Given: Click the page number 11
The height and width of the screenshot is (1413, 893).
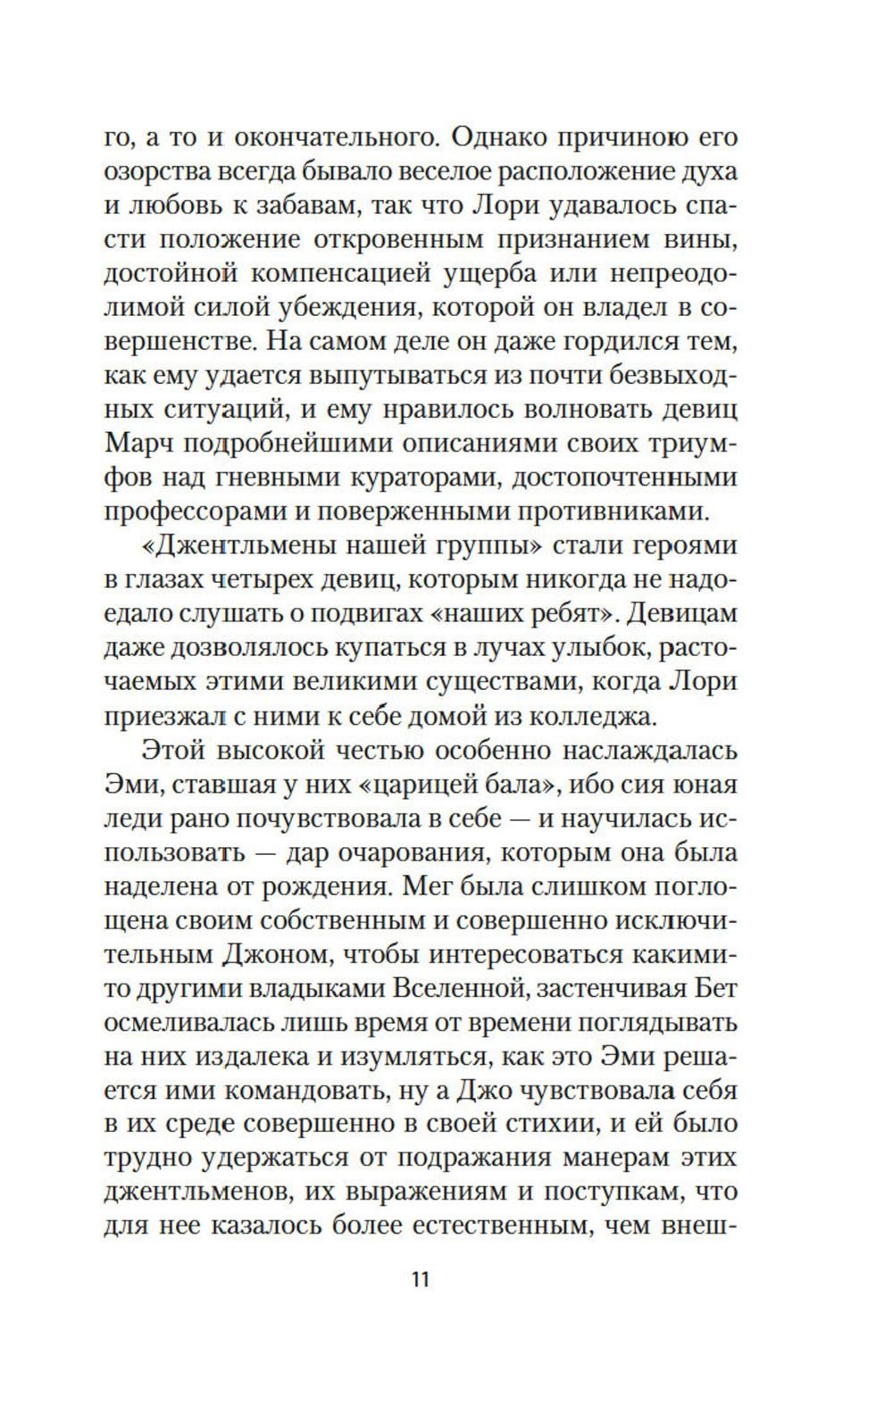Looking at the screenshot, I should [421, 1278].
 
